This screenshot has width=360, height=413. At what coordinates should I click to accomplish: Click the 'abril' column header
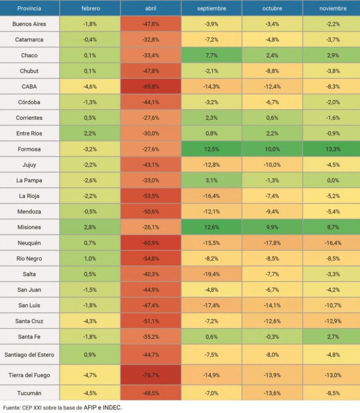tap(151, 8)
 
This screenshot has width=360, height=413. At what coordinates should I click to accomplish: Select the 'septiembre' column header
tap(211, 8)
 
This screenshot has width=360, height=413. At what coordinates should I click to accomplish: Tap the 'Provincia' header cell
tap(29, 8)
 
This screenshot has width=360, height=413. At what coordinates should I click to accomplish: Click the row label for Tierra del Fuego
tap(30, 375)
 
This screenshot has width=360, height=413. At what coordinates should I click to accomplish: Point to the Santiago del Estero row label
tap(30, 354)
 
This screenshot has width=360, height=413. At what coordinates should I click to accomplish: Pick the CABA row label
tap(30, 87)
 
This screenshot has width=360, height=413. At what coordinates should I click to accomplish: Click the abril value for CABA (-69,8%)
tap(151, 87)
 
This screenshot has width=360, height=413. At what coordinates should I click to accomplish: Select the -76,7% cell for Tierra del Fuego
tap(151, 375)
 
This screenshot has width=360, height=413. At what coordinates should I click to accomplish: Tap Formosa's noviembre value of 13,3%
tap(332, 149)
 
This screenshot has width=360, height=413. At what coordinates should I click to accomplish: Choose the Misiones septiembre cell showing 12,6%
tap(211, 227)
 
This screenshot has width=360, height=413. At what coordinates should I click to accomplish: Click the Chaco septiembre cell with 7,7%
tap(211, 55)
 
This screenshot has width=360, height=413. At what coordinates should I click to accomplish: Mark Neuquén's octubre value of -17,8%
tap(272, 243)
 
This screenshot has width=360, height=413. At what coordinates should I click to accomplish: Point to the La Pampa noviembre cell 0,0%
tap(332, 180)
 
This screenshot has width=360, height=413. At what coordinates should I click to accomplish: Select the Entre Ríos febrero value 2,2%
tap(90, 133)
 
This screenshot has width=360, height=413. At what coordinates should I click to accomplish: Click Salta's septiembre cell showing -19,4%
tap(211, 274)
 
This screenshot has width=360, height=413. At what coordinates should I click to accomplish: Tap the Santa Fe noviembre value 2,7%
tap(332, 336)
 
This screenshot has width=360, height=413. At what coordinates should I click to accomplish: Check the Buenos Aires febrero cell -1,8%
tap(90, 24)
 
